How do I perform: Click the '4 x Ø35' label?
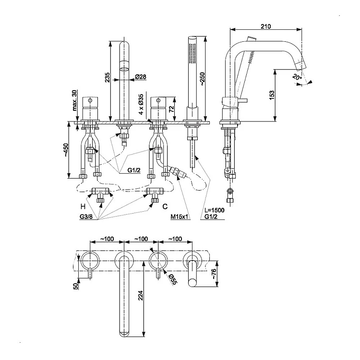141,106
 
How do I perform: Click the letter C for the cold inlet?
165,206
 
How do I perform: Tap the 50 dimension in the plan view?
75,286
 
